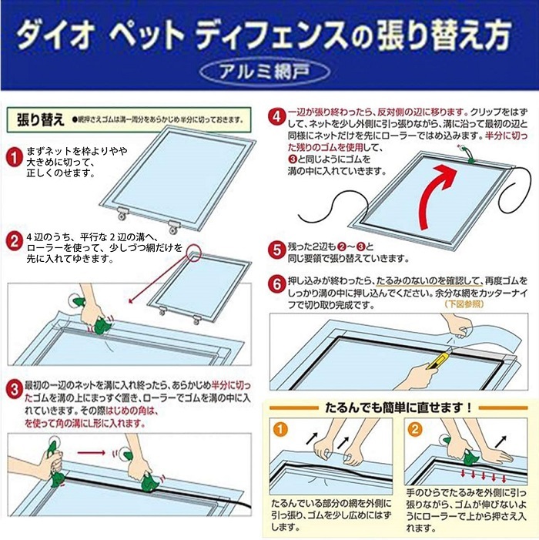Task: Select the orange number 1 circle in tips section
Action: pos(281,428)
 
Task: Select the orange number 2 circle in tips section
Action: pos(417,428)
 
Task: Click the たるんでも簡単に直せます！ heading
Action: pos(399,406)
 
